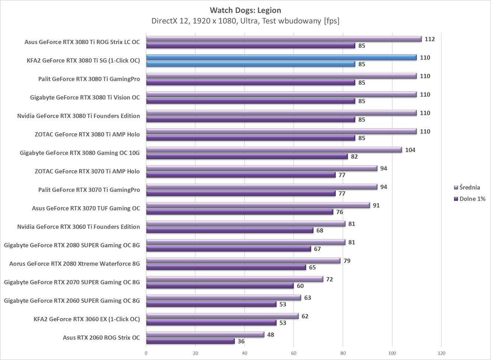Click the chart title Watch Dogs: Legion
point(245,10)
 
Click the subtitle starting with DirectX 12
point(245,21)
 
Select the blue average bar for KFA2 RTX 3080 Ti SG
point(281,57)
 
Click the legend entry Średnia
point(469,187)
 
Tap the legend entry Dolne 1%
point(472,199)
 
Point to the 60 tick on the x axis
point(294,353)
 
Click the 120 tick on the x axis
point(441,353)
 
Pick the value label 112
point(430,39)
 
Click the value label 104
point(410,150)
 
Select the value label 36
point(241,341)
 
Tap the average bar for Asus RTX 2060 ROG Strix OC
point(205,335)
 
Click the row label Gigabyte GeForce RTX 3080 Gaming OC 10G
point(80,153)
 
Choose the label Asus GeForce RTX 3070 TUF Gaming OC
point(86,208)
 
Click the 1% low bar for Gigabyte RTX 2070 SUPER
point(220,286)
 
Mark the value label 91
point(376,205)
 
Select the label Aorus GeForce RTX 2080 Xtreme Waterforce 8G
point(74,264)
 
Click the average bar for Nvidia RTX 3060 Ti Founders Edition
point(246,224)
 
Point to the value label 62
point(305,316)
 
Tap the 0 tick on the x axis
point(146,353)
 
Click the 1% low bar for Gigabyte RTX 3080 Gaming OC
point(247,156)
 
